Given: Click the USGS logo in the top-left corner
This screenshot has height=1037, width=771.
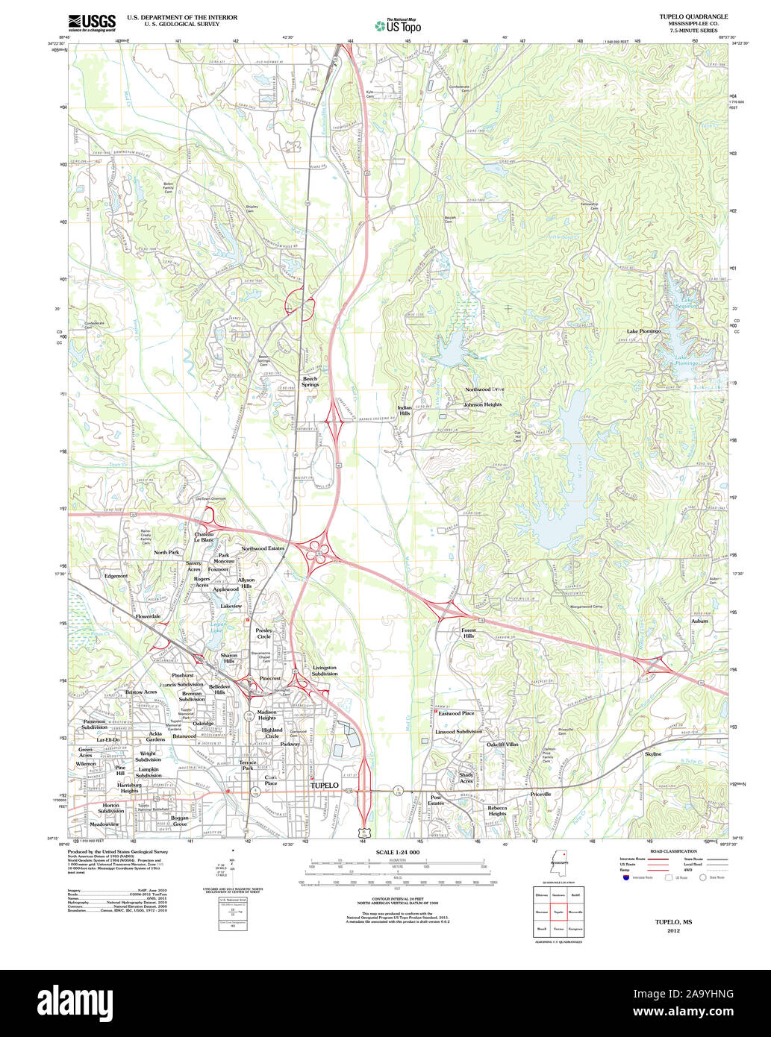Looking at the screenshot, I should tap(92, 22).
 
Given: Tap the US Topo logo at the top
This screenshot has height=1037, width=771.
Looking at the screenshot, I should tap(398, 26).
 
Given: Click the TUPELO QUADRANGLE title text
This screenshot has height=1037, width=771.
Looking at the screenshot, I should tap(682, 16).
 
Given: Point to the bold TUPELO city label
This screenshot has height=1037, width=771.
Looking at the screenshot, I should tap(324, 786).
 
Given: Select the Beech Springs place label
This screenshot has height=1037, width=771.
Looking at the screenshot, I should tap(310, 381).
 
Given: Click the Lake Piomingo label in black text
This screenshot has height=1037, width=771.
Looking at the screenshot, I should tap(643, 330).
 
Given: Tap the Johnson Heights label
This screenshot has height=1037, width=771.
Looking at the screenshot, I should tap(482, 404).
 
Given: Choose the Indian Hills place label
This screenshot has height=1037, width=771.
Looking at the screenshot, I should tap(404, 410).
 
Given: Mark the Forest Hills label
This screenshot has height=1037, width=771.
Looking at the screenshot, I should tap(468, 633).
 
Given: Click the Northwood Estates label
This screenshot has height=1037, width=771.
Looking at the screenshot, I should tap(263, 548).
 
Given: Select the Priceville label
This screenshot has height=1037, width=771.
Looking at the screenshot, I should tap(540, 794).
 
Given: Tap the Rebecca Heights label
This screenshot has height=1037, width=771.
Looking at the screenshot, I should tap(497, 810).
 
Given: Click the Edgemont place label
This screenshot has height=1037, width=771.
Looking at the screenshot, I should tap(116, 576).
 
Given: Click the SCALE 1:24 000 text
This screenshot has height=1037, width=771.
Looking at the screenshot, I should tap(397, 852).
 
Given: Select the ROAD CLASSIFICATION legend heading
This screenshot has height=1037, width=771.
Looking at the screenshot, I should tap(673, 851).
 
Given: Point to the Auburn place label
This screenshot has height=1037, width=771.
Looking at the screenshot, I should tap(699, 621).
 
